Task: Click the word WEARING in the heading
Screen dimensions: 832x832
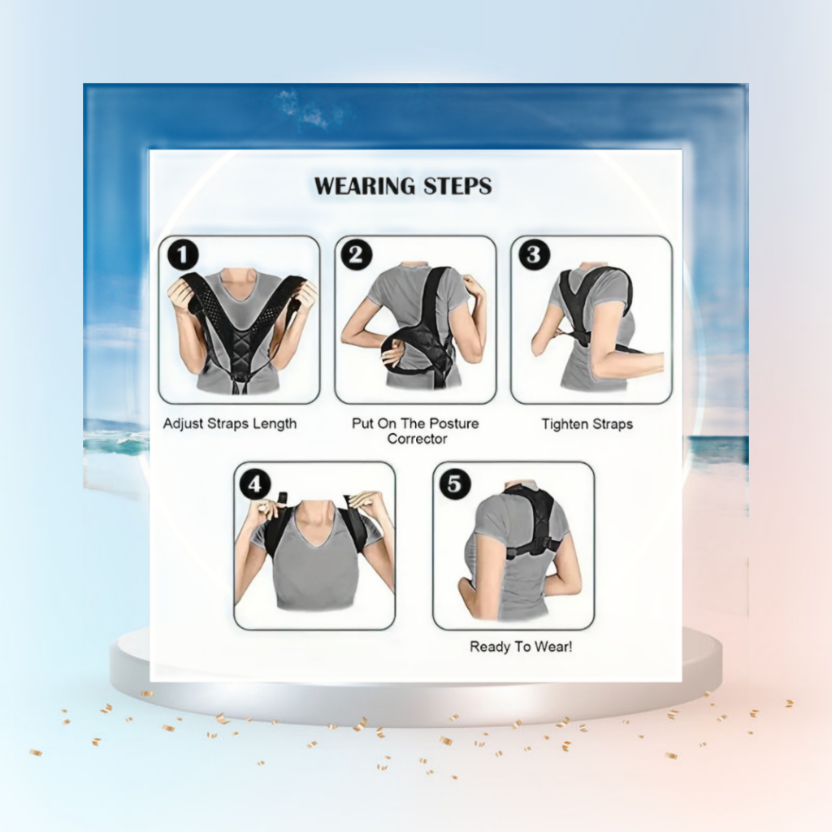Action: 365,186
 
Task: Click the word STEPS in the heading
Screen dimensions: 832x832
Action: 457,186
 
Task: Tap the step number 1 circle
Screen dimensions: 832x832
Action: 183,255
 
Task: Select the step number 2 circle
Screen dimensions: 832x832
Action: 357,254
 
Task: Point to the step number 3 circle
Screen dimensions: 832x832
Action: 533,254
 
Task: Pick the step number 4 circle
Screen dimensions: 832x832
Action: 255,484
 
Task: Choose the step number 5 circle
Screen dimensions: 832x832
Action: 455,483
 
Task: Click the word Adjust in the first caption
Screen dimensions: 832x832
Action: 183,424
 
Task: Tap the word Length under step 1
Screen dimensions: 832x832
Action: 275,424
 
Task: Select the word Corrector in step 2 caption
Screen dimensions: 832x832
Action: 417,439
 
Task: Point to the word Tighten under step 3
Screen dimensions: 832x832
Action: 565,424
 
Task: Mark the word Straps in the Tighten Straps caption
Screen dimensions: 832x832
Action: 613,424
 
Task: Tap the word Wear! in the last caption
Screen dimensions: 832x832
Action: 554,647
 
